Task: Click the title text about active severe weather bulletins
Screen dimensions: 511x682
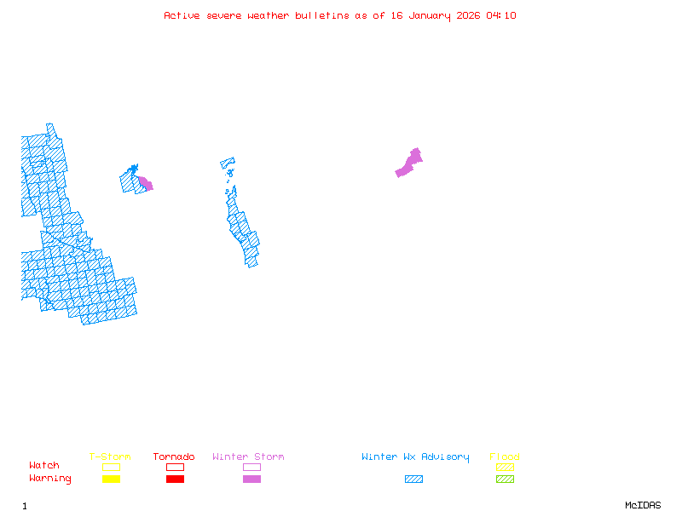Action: [340, 15]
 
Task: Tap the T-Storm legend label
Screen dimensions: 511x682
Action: [110, 457]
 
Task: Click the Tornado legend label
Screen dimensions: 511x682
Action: [174, 457]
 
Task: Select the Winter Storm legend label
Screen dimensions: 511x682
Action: [248, 457]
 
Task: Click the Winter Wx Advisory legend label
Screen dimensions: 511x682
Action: [415, 457]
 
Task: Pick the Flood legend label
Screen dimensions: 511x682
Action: [505, 457]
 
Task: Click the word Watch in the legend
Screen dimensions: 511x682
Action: [44, 466]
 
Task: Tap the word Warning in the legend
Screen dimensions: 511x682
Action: [50, 479]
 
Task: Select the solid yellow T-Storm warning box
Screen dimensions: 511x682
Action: [111, 479]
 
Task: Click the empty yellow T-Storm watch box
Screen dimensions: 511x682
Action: [111, 467]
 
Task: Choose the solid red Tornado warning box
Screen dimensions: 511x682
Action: [175, 479]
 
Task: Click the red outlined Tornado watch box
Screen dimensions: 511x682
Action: [175, 467]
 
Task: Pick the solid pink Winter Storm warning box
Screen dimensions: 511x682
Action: [251, 479]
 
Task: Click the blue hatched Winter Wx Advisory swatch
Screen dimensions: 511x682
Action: [413, 479]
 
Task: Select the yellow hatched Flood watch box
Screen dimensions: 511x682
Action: [505, 467]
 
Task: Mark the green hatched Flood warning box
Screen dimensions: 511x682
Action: [505, 479]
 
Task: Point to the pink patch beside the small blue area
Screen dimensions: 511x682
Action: [146, 183]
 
